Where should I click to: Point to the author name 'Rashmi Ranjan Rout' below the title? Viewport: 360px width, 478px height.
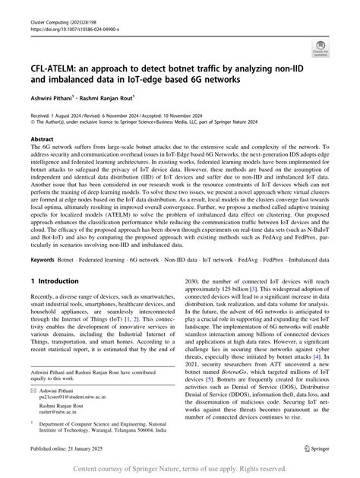[x=114, y=97]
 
